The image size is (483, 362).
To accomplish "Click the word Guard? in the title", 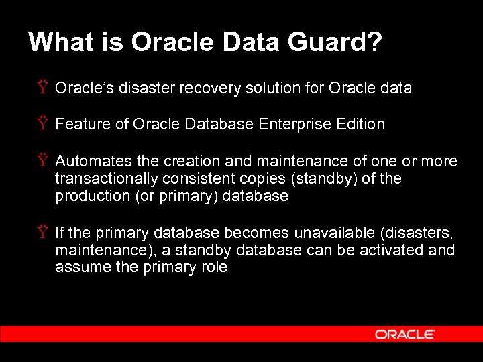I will pyautogui.click(x=335, y=42).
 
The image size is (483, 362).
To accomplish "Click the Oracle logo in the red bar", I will pyautogui.click(x=405, y=334).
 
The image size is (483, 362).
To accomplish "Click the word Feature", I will pyautogui.click(x=80, y=124).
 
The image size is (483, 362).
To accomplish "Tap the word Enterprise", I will pyautogui.click(x=293, y=124).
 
